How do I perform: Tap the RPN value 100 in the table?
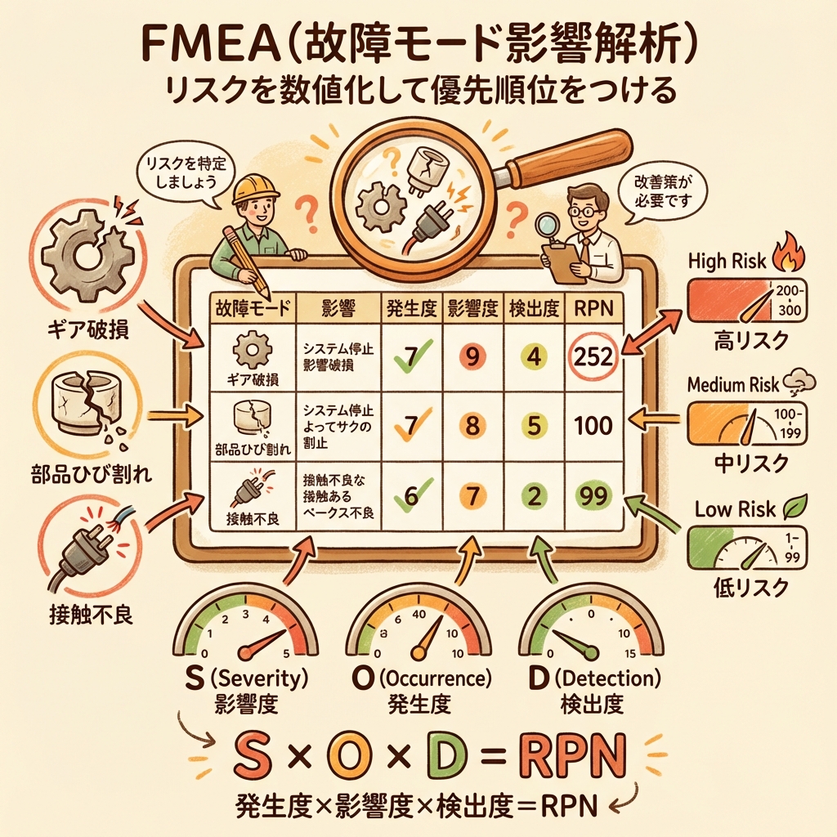[593, 425]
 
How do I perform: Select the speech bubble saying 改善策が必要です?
[656, 195]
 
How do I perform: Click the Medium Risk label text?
[734, 383]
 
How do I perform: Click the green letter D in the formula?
[445, 755]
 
